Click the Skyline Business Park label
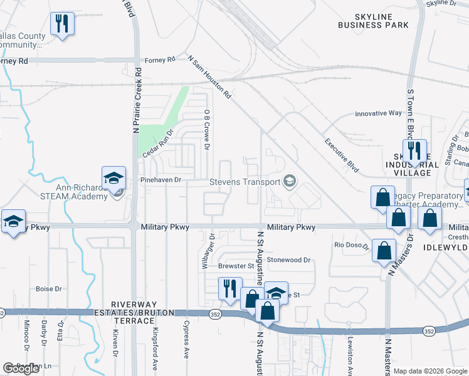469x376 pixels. pyautogui.click(x=373, y=20)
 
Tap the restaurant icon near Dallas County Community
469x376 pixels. pyautogui.click(x=62, y=24)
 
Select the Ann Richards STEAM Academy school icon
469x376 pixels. pyautogui.click(x=113, y=179)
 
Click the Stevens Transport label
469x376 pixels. pyautogui.click(x=253, y=182)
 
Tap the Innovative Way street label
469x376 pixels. pyautogui.click(x=378, y=113)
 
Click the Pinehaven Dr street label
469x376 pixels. pyautogui.click(x=161, y=180)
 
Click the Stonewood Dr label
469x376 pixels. pyautogui.click(x=288, y=259)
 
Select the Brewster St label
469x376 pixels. pyautogui.click(x=236, y=266)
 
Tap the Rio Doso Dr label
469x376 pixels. pyautogui.click(x=352, y=245)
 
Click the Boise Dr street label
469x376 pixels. pyautogui.click(x=49, y=289)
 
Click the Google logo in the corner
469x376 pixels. pyautogui.click(x=20, y=368)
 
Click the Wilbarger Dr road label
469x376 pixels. pyautogui.click(x=204, y=251)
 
